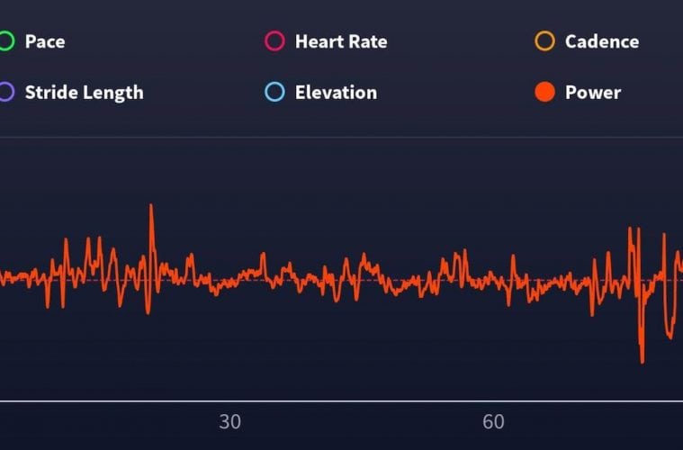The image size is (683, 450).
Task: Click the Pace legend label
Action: pos(45,41)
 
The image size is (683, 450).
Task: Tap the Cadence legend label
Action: pos(602,41)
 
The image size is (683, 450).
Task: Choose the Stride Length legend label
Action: pos(84,92)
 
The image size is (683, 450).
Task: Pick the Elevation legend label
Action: pos(336,92)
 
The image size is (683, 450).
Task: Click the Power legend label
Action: pos(593,92)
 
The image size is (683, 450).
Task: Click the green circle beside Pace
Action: pos(5,41)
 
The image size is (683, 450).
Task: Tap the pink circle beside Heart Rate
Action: pos(275,41)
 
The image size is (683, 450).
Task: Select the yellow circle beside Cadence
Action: pos(544,41)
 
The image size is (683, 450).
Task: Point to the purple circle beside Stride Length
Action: pos(5,92)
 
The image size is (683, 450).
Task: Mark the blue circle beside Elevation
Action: pos(275,92)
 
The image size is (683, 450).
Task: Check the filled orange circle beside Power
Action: pos(544,92)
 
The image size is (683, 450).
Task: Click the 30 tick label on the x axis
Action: pos(229,422)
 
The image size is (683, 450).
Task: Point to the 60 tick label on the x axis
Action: pos(493,422)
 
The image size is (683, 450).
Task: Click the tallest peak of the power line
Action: pos(151,206)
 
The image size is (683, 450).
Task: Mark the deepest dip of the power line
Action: pos(642,362)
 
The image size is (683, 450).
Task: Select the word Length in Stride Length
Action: pos(112,92)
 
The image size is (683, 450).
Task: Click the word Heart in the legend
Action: pos(317,41)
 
